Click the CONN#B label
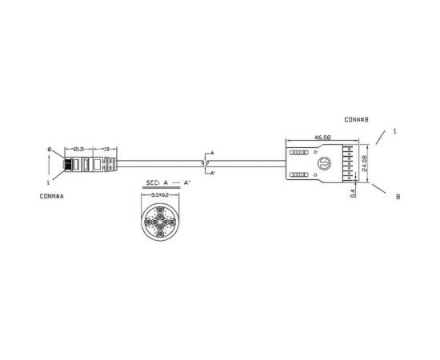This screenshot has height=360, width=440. (x=356, y=120)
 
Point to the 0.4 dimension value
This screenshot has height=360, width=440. (x=352, y=192)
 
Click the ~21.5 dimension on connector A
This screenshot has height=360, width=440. (x=79, y=149)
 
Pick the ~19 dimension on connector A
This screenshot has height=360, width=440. (x=106, y=149)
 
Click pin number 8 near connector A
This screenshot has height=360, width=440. (x=50, y=150)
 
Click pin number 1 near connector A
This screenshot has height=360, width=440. (x=50, y=182)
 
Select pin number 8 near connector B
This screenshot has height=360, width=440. (x=398, y=197)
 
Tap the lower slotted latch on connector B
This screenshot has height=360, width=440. (x=299, y=175)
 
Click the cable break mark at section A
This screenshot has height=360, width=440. (x=207, y=162)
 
